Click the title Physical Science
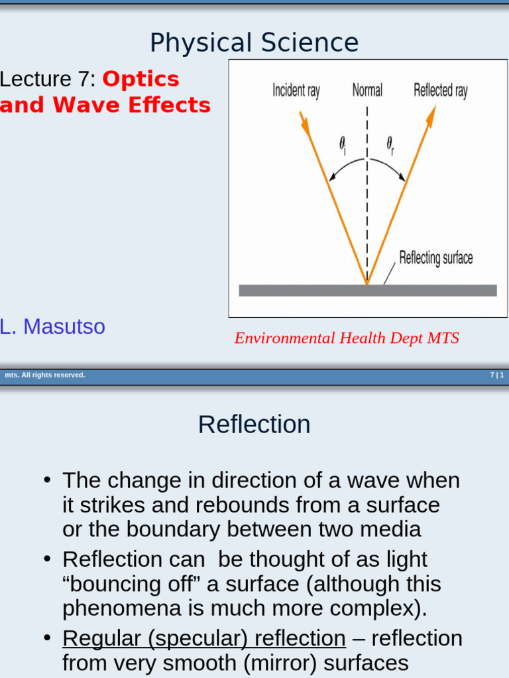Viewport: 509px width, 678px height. pyautogui.click(x=254, y=43)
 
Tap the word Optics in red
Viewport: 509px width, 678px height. pyautogui.click(x=141, y=79)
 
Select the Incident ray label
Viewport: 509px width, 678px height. pyautogui.click(x=296, y=90)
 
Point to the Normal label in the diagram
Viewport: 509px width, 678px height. pyautogui.click(x=367, y=90)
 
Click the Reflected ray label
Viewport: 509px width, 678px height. pyautogui.click(x=440, y=90)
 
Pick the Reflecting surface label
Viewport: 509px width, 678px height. pyautogui.click(x=435, y=258)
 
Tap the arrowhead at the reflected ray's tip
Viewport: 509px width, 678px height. pyautogui.click(x=431, y=117)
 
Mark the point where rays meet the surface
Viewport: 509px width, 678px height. pyautogui.click(x=367, y=283)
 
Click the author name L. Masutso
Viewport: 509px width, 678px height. pyautogui.click(x=52, y=326)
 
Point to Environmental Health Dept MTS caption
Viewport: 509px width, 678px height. pyautogui.click(x=347, y=338)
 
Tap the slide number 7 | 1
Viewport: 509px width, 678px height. pyautogui.click(x=497, y=375)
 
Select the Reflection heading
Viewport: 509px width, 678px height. pyautogui.click(x=254, y=424)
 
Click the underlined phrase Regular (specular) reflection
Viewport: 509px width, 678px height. pyautogui.click(x=204, y=638)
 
